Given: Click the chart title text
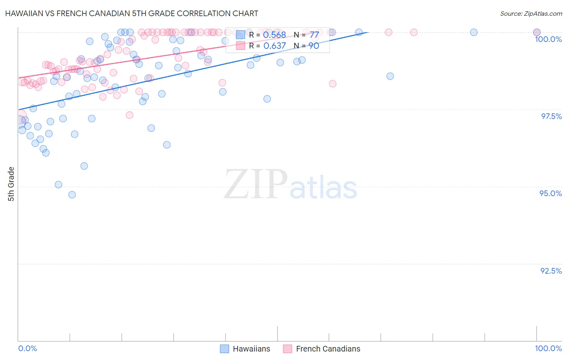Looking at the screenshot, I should (131, 13).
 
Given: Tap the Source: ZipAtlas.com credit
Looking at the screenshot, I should (531, 13).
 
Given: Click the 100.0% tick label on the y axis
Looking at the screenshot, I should (548, 39).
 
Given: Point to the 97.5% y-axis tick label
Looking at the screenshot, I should (551, 116).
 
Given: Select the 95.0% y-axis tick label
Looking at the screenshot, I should (550, 193).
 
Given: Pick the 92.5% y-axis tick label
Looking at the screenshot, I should (551, 271).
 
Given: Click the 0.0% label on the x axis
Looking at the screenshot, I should (28, 348).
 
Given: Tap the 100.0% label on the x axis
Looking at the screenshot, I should (548, 348).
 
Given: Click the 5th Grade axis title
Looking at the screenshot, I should (11, 184).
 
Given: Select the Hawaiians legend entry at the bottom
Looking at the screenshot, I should (251, 349).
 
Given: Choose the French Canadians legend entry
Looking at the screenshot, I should (328, 349).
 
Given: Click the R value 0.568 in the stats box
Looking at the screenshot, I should (274, 35).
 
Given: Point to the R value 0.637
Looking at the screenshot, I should (274, 46).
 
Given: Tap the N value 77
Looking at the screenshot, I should (314, 35).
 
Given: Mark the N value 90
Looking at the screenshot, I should (314, 46).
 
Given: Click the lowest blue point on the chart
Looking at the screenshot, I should (72, 195).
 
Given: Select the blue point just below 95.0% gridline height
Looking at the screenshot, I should (58, 184).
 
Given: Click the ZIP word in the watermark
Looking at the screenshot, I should (255, 184).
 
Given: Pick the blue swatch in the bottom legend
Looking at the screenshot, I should (225, 349).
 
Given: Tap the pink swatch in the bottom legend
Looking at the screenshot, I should (288, 349).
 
